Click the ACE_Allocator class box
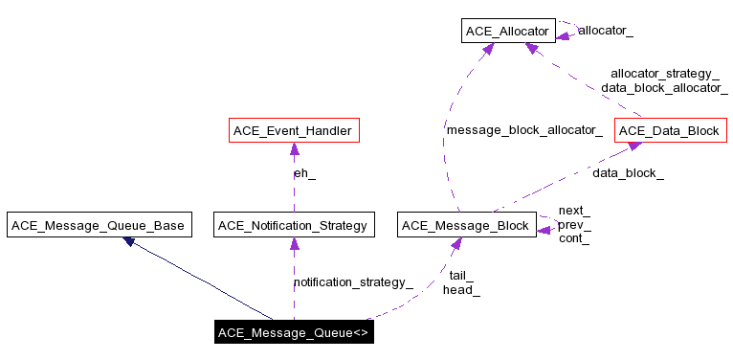507,32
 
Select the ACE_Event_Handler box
294,130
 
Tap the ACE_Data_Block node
667,130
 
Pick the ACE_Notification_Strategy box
293,226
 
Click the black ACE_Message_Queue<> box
293,333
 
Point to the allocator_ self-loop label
605,31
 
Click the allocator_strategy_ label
664,73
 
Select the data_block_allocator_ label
664,87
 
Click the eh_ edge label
303,173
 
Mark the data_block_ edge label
628,173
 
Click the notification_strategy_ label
353,282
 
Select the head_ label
460,290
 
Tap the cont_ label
573,238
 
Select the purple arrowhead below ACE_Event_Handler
294,149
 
